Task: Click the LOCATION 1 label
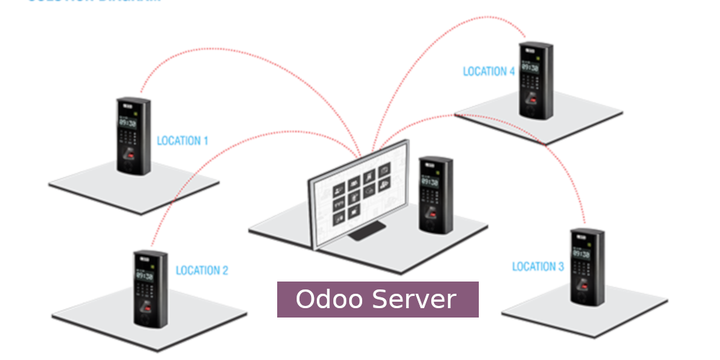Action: [x=182, y=140]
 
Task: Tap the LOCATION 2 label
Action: [x=202, y=271]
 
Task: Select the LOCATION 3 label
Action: [x=538, y=266]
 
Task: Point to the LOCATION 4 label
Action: [x=489, y=71]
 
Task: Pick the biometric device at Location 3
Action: [x=586, y=266]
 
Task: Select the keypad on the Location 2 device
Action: [x=147, y=294]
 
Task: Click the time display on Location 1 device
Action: [x=128, y=122]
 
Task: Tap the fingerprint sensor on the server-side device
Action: [x=433, y=214]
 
